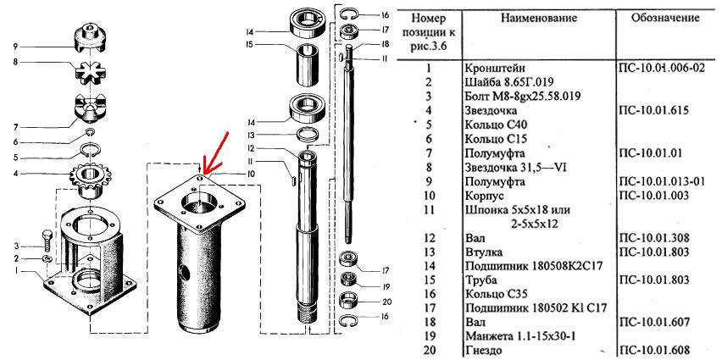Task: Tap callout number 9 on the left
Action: click(15, 47)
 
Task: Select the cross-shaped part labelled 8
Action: click(90, 72)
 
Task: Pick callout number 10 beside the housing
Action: click(250, 174)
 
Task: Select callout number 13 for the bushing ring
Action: click(250, 136)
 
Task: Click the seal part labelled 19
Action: click(349, 280)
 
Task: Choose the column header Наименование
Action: click(539, 19)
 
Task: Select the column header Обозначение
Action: click(665, 18)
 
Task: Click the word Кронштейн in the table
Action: click(495, 68)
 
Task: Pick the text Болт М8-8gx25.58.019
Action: click(522, 97)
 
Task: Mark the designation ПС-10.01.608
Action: click(655, 349)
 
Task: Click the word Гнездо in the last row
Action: click(484, 350)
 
